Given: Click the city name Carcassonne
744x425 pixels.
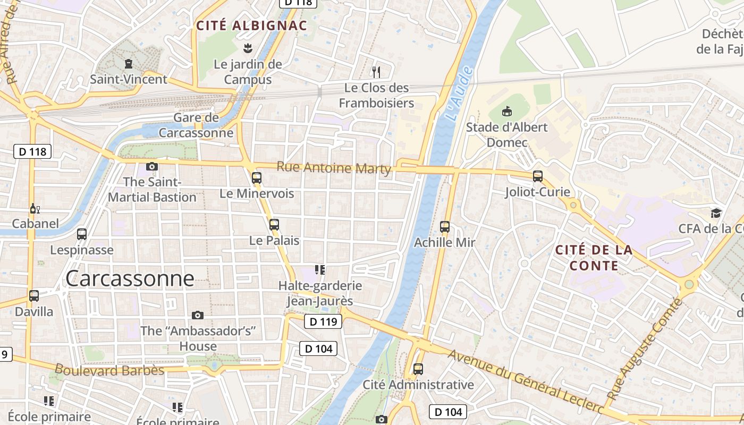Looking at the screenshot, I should coord(130,278).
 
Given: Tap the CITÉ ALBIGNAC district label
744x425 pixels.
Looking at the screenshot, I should coord(251,25).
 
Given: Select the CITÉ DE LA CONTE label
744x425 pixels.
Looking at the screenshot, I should coord(594,258).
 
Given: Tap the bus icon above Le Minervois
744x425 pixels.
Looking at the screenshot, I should coord(257,178).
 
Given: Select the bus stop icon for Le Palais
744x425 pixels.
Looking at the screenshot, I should coord(274,225).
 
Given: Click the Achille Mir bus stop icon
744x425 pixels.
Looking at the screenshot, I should coord(445,227).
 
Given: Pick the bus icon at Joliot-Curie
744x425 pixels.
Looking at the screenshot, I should coord(538,176).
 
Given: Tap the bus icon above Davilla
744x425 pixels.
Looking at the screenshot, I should coord(34,296).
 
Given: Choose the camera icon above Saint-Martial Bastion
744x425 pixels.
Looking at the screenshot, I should coord(152,166).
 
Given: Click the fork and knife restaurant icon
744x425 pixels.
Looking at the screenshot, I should coord(376,72).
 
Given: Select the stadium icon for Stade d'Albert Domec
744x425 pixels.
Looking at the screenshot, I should coord(507,112).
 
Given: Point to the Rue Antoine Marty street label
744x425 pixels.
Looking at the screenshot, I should coord(334,168).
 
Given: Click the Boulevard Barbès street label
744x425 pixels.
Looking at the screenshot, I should coord(109,370).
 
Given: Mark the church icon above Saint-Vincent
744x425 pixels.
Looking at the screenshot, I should coord(128,64).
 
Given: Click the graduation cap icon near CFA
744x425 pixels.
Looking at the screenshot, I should coord(716,213).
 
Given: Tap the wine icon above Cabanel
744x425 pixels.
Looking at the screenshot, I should coord(35,209).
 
